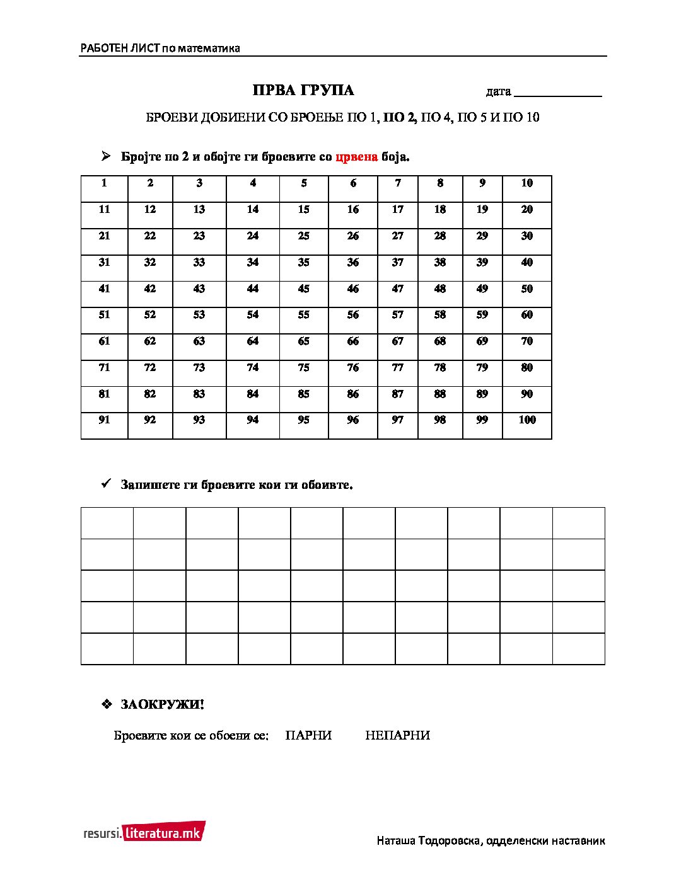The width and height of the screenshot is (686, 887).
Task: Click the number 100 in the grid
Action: click(526, 420)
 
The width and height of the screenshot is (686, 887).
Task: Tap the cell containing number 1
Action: click(104, 183)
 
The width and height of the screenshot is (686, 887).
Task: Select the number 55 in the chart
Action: click(304, 315)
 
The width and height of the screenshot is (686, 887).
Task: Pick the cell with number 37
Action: click(397, 262)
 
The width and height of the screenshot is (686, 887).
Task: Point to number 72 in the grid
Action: click(150, 367)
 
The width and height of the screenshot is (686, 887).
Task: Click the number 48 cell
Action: click(440, 289)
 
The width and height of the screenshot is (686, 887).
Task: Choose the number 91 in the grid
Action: click(104, 420)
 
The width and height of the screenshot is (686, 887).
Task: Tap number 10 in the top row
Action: click(526, 183)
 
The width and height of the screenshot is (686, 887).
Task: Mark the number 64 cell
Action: click(253, 341)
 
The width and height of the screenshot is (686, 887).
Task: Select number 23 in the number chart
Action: click(199, 236)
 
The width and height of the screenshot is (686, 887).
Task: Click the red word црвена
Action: click(357, 157)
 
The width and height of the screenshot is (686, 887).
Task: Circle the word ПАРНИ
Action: click(308, 735)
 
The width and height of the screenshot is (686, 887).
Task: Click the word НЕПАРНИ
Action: click(397, 735)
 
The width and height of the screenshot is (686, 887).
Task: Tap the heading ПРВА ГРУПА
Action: click(303, 91)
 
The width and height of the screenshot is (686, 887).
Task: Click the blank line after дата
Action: click(558, 93)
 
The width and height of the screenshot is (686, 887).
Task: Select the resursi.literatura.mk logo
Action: click(144, 832)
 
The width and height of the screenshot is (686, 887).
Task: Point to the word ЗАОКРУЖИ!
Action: click(162, 704)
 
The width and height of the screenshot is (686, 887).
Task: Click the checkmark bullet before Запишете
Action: click(107, 484)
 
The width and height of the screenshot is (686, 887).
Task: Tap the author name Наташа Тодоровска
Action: click(429, 840)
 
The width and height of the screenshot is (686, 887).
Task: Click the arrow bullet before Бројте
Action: click(107, 156)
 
